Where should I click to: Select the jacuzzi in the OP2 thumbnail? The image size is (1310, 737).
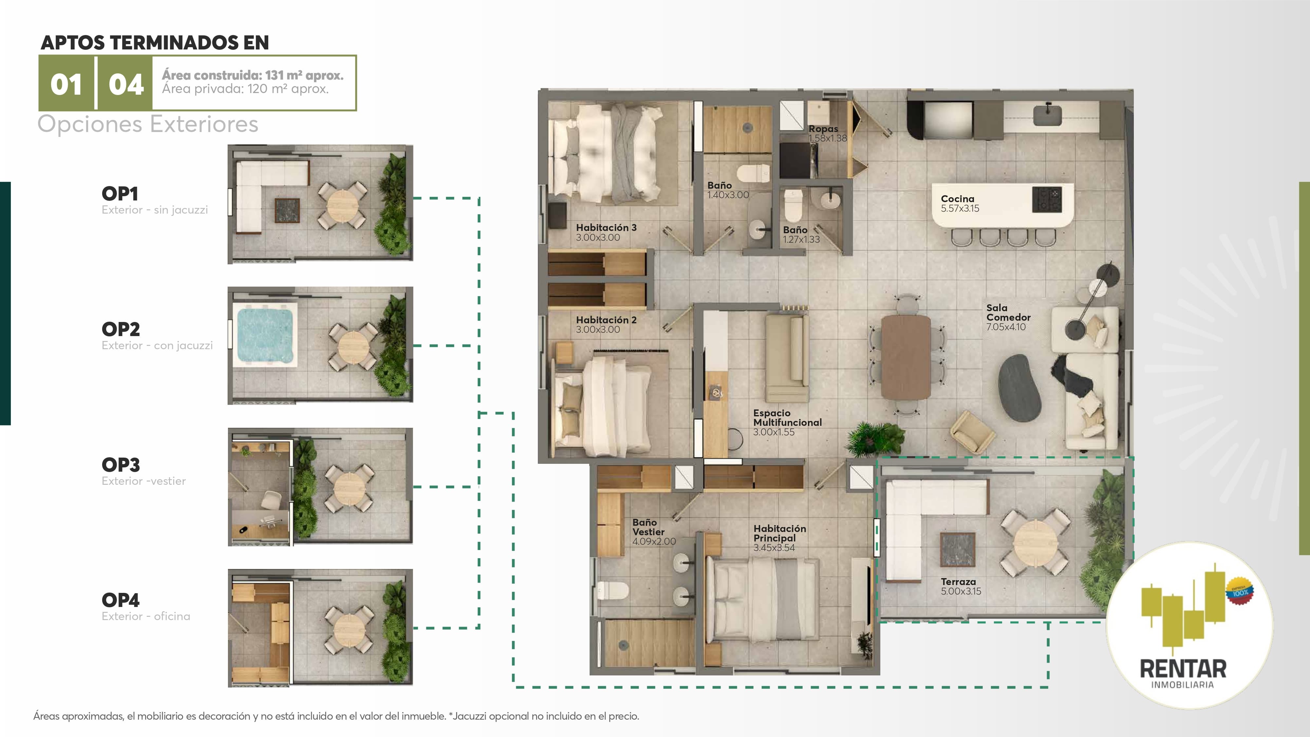click(265, 334)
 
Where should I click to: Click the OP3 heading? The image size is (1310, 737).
click(121, 465)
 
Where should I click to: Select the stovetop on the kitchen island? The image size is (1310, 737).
click(1047, 200)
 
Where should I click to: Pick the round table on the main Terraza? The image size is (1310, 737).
click(1033, 542)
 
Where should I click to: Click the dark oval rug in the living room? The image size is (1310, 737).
click(1020, 387)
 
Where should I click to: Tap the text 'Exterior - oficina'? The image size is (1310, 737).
click(146, 616)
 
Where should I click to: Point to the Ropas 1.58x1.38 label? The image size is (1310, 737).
click(827, 133)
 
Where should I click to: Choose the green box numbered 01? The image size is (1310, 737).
click(66, 83)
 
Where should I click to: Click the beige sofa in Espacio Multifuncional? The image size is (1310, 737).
click(787, 358)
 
